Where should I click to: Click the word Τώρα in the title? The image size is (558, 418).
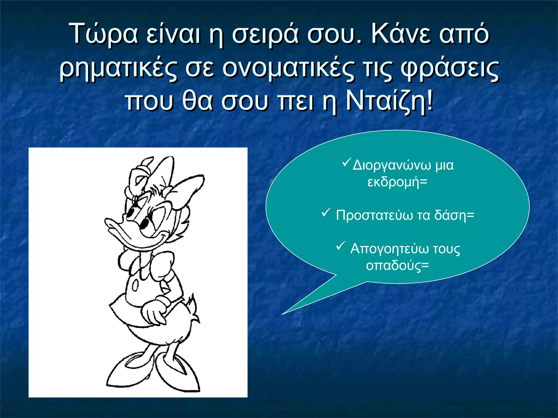104,34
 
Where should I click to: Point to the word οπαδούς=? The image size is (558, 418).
397,265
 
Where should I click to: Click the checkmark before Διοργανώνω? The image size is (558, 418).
346,163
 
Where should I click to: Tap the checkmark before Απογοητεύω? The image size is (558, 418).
341,246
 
